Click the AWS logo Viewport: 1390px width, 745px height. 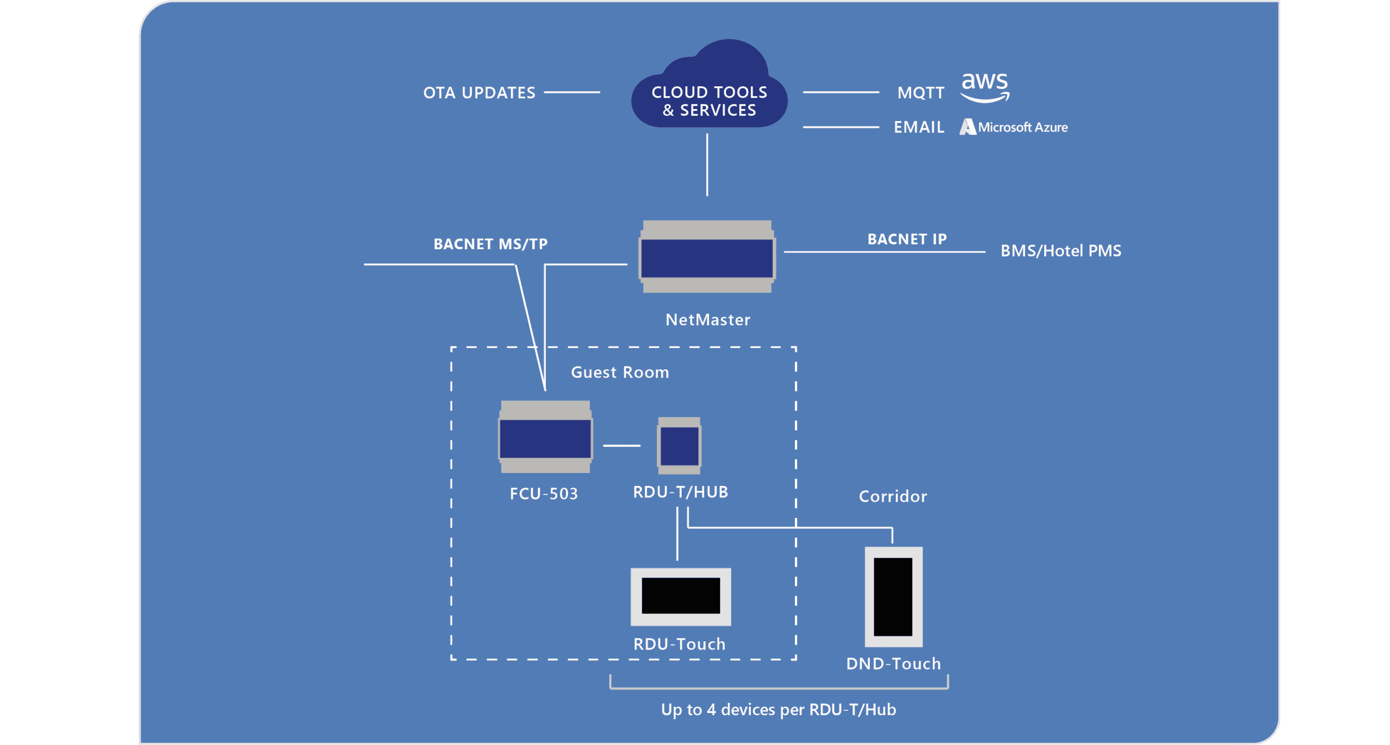[984, 87]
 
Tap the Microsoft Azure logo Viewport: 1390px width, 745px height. [1013, 127]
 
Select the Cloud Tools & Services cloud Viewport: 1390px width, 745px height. [709, 84]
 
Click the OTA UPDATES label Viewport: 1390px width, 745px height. [479, 93]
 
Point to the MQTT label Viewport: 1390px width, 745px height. [921, 93]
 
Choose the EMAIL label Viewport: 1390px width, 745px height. [919, 127]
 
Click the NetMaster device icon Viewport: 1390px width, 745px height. [707, 256]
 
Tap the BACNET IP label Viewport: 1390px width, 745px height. [907, 239]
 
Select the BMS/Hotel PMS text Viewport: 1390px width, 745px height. [1060, 251]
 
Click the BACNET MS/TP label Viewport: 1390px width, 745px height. [490, 244]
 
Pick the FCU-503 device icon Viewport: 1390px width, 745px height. [545, 437]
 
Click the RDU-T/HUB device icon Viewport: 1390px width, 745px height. [679, 446]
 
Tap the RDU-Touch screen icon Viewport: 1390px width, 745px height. [680, 597]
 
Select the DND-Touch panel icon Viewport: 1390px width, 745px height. [893, 597]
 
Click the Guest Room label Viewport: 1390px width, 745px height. [620, 372]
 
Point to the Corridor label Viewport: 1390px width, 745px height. [893, 496]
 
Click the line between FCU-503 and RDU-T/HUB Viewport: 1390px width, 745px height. [622, 446]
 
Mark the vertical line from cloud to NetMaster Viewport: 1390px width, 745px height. [707, 165]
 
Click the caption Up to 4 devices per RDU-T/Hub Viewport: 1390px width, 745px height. [778, 710]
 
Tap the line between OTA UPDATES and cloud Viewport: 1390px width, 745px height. [572, 93]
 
